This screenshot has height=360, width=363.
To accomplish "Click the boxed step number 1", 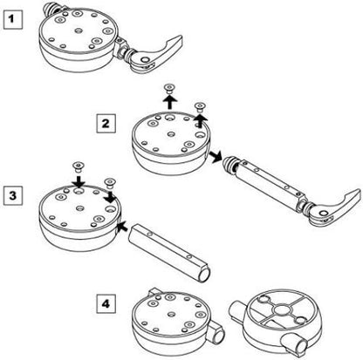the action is [12, 19].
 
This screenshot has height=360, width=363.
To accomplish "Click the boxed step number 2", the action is [106, 124].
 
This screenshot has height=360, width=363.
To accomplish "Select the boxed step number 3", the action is [12, 195].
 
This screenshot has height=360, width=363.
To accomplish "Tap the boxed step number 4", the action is [106, 303].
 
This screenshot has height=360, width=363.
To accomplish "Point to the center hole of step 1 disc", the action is [79, 31].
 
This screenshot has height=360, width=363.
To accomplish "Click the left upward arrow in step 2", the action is [169, 102].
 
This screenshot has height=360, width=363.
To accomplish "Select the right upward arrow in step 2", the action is [199, 119].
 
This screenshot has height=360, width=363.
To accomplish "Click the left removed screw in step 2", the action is [169, 88].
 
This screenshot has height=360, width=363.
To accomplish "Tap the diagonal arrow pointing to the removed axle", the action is [215, 156].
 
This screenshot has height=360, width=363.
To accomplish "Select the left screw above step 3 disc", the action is [78, 166].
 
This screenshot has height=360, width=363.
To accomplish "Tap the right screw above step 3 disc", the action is [109, 181].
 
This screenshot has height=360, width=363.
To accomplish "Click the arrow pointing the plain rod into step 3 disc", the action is [123, 227].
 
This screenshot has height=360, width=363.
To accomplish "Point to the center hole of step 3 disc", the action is [79, 208].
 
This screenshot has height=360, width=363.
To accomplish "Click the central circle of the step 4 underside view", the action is [283, 310].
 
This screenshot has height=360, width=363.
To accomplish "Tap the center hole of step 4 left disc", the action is [172, 315].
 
